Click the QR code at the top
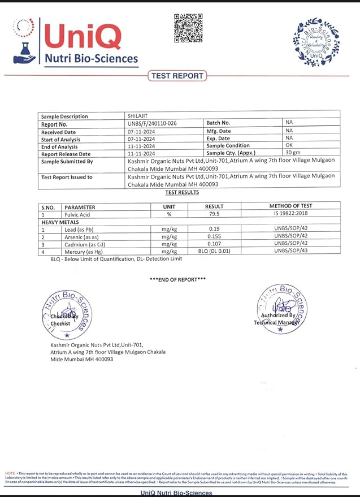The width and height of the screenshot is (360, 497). pos(188,28)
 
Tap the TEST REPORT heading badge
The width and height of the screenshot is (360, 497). pos(177,76)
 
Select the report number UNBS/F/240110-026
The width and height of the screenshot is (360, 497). pos(152,123)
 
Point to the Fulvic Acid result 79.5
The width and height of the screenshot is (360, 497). pos(215,214)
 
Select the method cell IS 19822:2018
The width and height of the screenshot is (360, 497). pos(290,214)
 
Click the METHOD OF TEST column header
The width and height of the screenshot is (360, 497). pos(290,206)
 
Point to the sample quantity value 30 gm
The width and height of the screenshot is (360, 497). pos(293,153)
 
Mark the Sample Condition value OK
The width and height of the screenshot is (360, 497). pos(289,145)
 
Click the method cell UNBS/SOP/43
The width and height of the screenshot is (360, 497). pos(290,251)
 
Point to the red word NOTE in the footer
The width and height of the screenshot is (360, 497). pos(10,473)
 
